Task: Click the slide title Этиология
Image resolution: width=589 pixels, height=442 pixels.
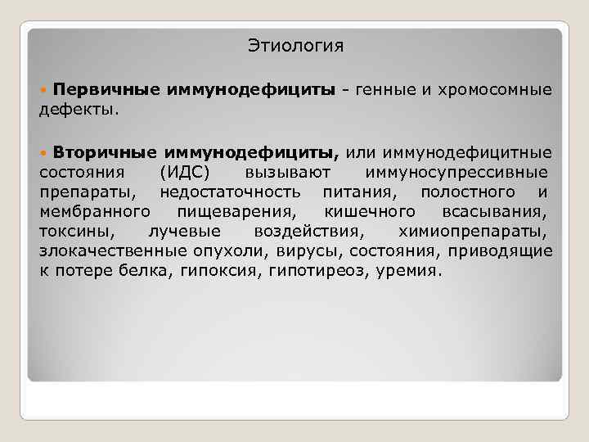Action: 296,46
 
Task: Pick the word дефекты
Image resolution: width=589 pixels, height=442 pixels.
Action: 79,108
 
